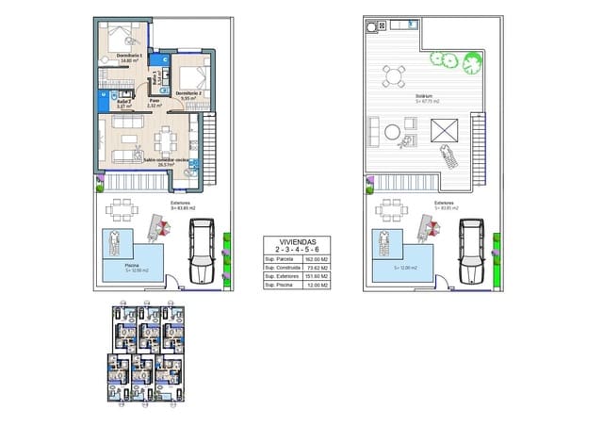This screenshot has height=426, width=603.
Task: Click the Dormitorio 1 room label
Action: click(x=129, y=57)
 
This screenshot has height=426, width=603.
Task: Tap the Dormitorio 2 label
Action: click(x=189, y=92)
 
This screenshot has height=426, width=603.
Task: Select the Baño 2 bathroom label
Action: click(x=110, y=102)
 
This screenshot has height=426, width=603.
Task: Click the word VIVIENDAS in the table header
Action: click(x=288, y=241)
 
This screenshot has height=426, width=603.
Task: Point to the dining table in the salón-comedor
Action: click(x=169, y=140)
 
